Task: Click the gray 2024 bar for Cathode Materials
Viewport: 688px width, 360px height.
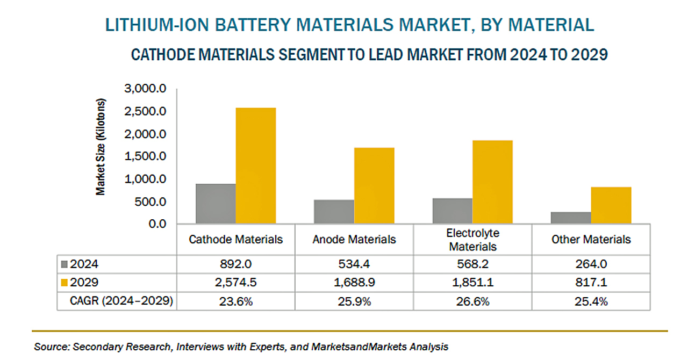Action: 216,204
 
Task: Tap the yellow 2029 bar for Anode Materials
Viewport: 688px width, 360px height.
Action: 374,185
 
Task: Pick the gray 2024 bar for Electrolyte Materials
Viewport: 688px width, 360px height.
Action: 453,211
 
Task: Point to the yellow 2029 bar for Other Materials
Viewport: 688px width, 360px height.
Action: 611,205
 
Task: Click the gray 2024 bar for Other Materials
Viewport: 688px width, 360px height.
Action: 571,218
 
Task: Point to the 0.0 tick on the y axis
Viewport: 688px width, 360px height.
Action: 157,224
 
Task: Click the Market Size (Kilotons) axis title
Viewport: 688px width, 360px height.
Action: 101,147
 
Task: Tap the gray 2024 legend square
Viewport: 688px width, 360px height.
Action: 65,264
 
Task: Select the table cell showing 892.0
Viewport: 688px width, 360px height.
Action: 235,264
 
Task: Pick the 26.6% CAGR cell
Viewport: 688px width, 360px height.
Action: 473,301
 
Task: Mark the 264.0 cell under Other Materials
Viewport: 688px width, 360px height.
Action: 591,264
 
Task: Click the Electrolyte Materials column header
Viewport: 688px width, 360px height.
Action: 473,240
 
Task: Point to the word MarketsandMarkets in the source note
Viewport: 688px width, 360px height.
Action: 362,347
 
